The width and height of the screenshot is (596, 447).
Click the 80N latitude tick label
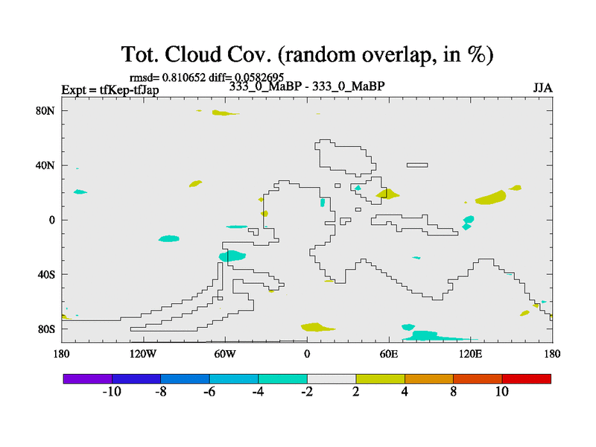(x=45, y=110)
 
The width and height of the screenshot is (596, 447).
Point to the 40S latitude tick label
(x=45, y=274)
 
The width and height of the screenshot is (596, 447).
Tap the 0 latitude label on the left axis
(x=51, y=220)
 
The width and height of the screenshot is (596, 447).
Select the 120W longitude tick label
(x=143, y=354)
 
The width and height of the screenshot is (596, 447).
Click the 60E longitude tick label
(x=389, y=354)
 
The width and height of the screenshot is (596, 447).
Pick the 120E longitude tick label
(x=471, y=354)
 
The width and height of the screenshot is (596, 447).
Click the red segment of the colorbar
(x=527, y=378)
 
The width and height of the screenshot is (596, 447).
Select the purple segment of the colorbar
(x=88, y=378)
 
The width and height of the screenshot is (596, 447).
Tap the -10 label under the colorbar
(x=112, y=392)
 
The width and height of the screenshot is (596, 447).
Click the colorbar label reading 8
(x=454, y=392)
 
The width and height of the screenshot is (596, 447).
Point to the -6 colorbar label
(x=209, y=392)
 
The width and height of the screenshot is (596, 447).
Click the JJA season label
(x=543, y=88)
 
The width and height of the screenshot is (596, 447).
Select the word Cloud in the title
(x=193, y=54)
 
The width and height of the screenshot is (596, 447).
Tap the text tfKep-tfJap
(x=129, y=90)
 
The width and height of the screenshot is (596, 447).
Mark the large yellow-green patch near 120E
(x=491, y=197)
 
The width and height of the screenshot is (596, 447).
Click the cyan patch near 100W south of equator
(x=169, y=238)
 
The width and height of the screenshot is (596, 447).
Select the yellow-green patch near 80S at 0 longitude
(x=317, y=327)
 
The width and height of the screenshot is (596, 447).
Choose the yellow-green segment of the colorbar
(x=381, y=378)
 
